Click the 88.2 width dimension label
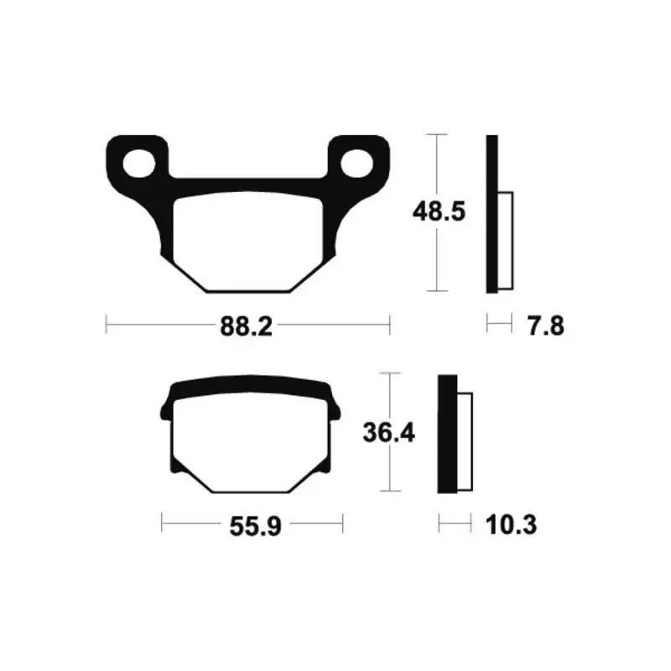246,327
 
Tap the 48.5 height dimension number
439,211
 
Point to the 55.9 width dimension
256,526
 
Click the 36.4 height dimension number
388,432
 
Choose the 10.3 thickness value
511,525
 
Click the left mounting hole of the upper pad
138,164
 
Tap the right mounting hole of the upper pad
357,164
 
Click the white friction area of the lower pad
251,445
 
